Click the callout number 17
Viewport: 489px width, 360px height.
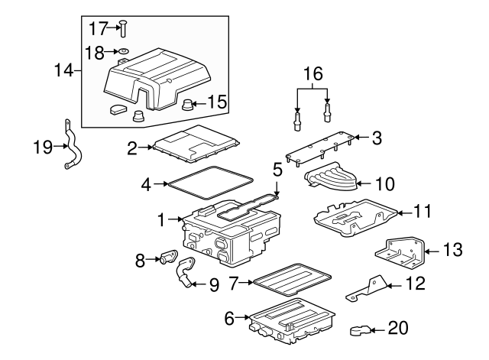coord(99,28)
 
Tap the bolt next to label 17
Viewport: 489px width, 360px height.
coord(121,29)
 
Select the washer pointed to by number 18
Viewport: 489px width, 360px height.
coord(122,53)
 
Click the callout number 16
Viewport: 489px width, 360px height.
coord(314,74)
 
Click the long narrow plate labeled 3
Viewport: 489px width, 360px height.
coord(322,148)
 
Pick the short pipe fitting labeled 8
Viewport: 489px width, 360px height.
coord(168,259)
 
